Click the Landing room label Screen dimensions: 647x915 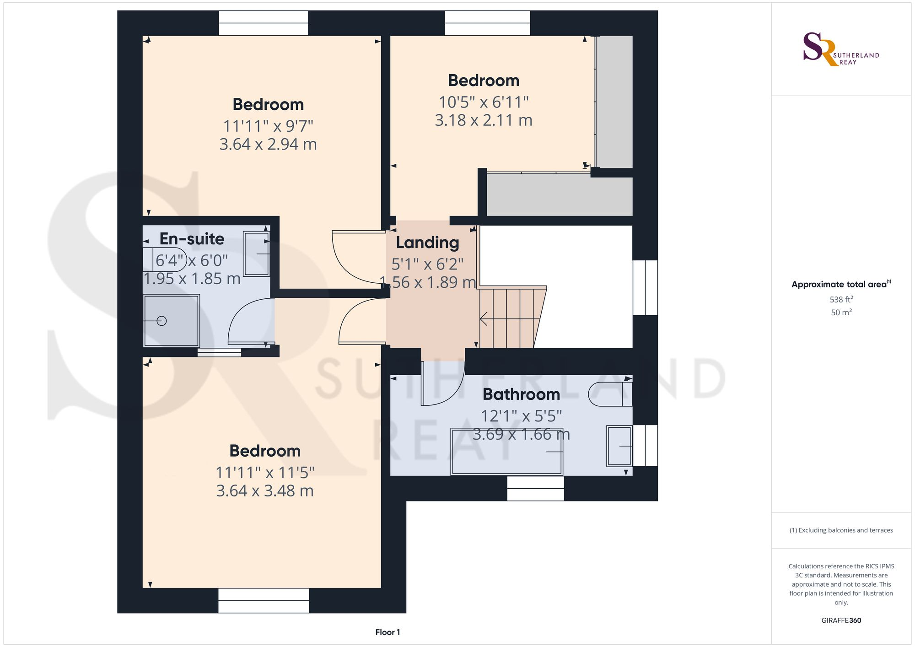pyautogui.click(x=427, y=243)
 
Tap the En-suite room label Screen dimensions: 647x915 pyautogui.click(x=192, y=239)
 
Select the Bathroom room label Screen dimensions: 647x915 pyautogui.click(x=521, y=394)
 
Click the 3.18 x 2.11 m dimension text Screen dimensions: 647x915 pyautogui.click(x=483, y=120)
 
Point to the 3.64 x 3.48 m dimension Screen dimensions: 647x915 pyautogui.click(x=264, y=491)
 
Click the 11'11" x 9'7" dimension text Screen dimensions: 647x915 pyautogui.click(x=268, y=126)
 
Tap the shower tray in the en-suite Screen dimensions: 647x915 pyautogui.click(x=171, y=321)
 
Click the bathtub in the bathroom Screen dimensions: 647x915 pyautogui.click(x=506, y=452)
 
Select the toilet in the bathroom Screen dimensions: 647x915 pyautogui.click(x=610, y=394)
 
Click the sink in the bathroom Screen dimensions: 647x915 pyautogui.click(x=619, y=446)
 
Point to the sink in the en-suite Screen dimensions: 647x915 pyautogui.click(x=256, y=254)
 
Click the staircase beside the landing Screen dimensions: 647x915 pyautogui.click(x=510, y=318)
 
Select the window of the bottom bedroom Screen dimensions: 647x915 pyautogui.click(x=264, y=600)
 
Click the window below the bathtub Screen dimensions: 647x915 pyautogui.click(x=535, y=488)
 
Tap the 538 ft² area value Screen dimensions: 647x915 pyautogui.click(x=841, y=299)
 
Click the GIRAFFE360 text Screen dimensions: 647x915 pyautogui.click(x=841, y=620)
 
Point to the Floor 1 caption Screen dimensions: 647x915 pyautogui.click(x=388, y=632)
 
